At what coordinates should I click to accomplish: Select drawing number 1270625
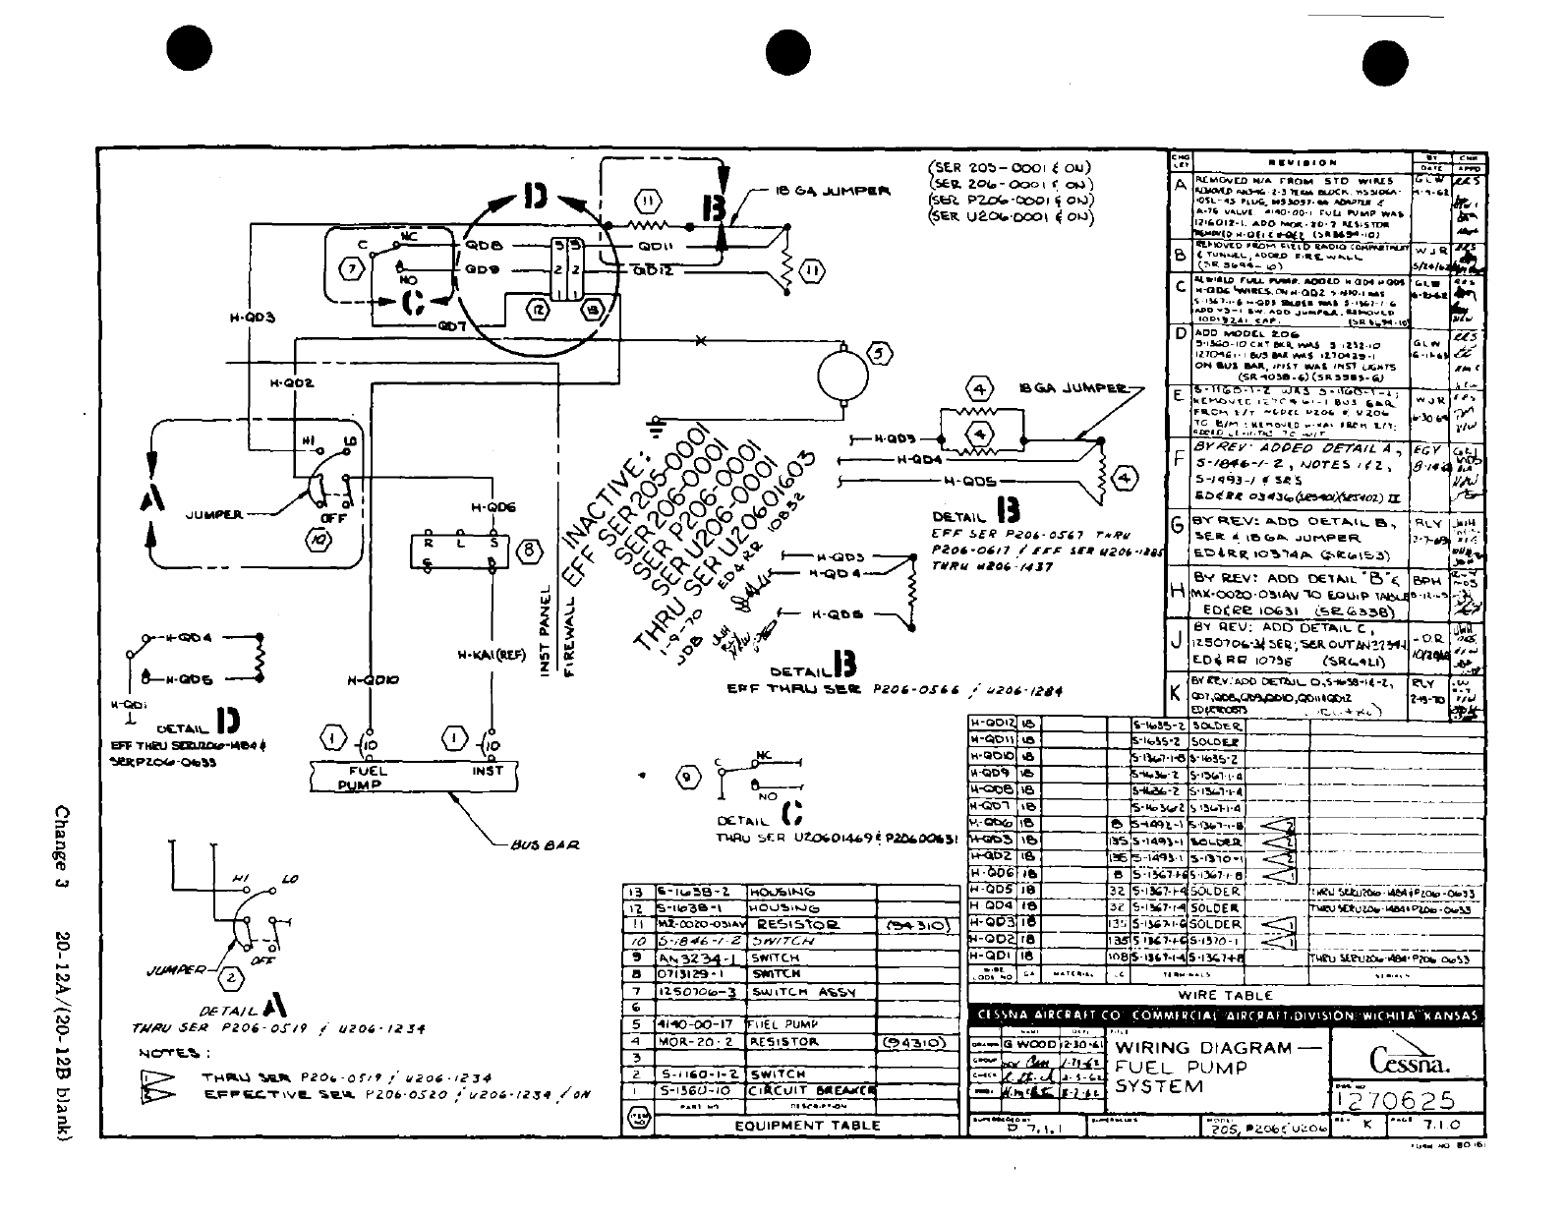[1407, 1099]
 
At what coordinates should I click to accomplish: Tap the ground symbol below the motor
[654, 426]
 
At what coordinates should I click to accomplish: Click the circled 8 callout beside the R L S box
[529, 551]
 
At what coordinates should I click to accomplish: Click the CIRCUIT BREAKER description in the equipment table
[810, 1090]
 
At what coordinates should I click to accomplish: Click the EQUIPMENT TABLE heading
[808, 1126]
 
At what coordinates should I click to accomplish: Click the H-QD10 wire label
[373, 678]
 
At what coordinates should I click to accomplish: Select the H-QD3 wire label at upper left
[253, 318]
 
